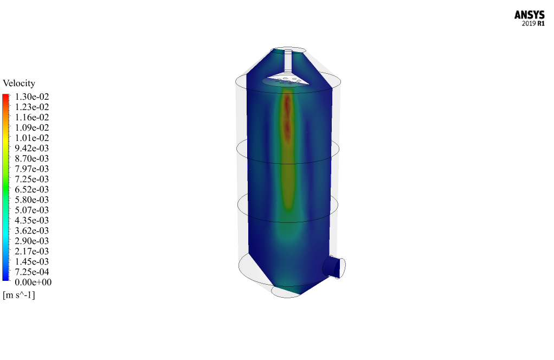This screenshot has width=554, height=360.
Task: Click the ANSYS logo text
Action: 529,15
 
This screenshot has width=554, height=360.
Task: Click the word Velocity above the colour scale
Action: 19,83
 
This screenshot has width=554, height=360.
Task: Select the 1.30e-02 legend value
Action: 32,97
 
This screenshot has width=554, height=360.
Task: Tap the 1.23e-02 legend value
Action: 32,107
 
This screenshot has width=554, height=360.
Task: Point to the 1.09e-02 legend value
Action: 32,127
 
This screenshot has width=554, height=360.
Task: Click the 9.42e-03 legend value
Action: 32,149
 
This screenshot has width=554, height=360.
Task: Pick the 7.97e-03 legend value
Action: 32,169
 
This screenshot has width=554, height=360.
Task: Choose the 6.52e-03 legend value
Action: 32,189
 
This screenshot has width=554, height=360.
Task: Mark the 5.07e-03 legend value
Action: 32,210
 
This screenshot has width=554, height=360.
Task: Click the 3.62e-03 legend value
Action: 32,231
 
